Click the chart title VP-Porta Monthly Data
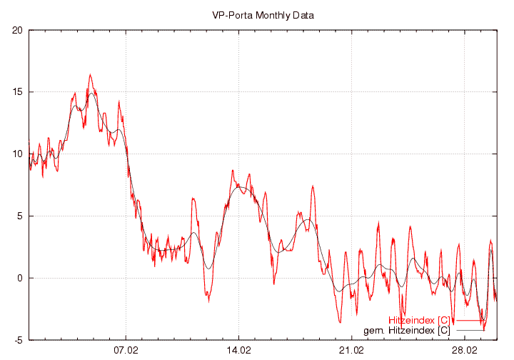(x=263, y=14)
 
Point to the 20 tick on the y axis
(x=18, y=30)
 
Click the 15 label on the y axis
(x=18, y=92)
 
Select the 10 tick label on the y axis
(x=18, y=154)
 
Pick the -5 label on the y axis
(x=19, y=340)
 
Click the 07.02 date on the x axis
(x=126, y=350)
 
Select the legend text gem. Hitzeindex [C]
(x=406, y=331)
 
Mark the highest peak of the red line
(x=90, y=74)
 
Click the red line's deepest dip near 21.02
(x=340, y=321)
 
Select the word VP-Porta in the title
(x=231, y=14)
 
